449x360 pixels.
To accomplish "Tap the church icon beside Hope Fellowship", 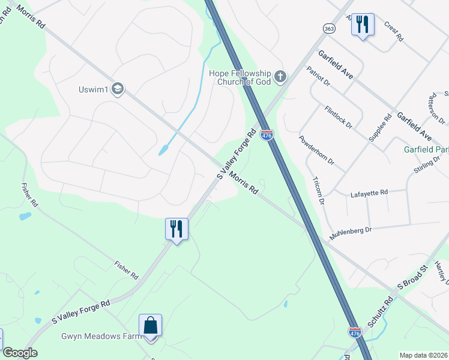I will pos(280,77).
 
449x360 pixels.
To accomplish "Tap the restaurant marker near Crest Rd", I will pos(362,25).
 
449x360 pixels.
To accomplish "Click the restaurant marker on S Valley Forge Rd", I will pos(176,229).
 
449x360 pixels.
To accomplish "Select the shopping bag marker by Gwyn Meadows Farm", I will pos(150,326).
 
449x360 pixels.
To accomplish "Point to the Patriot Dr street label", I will pos(319,77).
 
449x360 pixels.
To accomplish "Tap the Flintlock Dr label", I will pos(338,116).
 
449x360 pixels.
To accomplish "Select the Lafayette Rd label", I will pos(369,193).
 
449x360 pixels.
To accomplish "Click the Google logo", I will pos(20,353).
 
